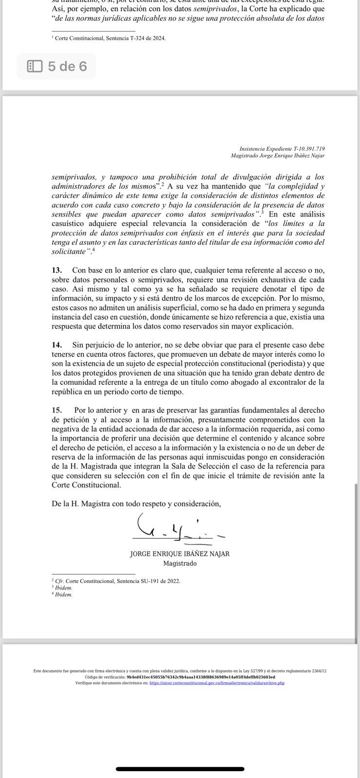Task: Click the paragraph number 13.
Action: point(57,270)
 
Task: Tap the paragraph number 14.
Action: point(57,345)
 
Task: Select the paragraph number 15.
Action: point(57,410)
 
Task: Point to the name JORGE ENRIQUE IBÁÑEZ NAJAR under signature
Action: point(180,554)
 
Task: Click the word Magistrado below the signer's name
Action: point(180,563)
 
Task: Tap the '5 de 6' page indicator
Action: point(67,66)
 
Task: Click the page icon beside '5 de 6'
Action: point(35,66)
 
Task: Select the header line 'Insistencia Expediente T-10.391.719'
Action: point(282,149)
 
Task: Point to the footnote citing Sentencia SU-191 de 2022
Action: point(117,581)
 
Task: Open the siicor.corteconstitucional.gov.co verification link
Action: point(217,683)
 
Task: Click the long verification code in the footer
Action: point(200,677)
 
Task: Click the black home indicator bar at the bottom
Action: point(180,769)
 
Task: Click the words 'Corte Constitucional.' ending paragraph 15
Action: point(87,485)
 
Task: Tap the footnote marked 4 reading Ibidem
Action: point(63,594)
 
